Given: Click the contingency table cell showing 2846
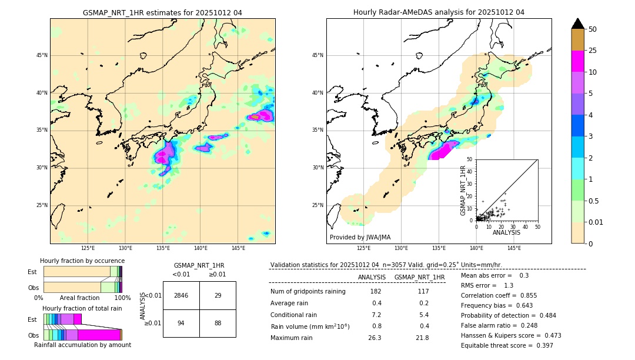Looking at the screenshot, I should [x=181, y=295].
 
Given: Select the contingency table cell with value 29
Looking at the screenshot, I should [x=218, y=295].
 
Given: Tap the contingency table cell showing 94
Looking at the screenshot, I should [x=181, y=323].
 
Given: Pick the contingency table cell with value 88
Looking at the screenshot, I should [x=218, y=323].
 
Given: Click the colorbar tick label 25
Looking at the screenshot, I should [x=593, y=51].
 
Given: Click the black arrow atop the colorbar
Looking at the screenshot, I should [x=578, y=24].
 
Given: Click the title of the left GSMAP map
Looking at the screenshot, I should [x=162, y=12].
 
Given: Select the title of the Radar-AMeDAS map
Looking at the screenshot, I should [x=439, y=12].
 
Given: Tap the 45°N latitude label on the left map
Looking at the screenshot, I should [x=42, y=55].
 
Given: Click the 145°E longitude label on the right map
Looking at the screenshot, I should [x=514, y=248].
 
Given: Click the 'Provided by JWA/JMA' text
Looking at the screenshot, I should [x=360, y=237].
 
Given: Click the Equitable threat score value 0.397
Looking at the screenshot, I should [x=543, y=345].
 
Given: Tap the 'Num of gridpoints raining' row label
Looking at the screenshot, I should [x=308, y=291].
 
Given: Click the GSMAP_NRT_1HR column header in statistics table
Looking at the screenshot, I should [x=419, y=277].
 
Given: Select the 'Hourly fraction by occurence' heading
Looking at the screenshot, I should [x=82, y=261].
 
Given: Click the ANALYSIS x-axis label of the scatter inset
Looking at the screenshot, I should [x=506, y=232].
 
